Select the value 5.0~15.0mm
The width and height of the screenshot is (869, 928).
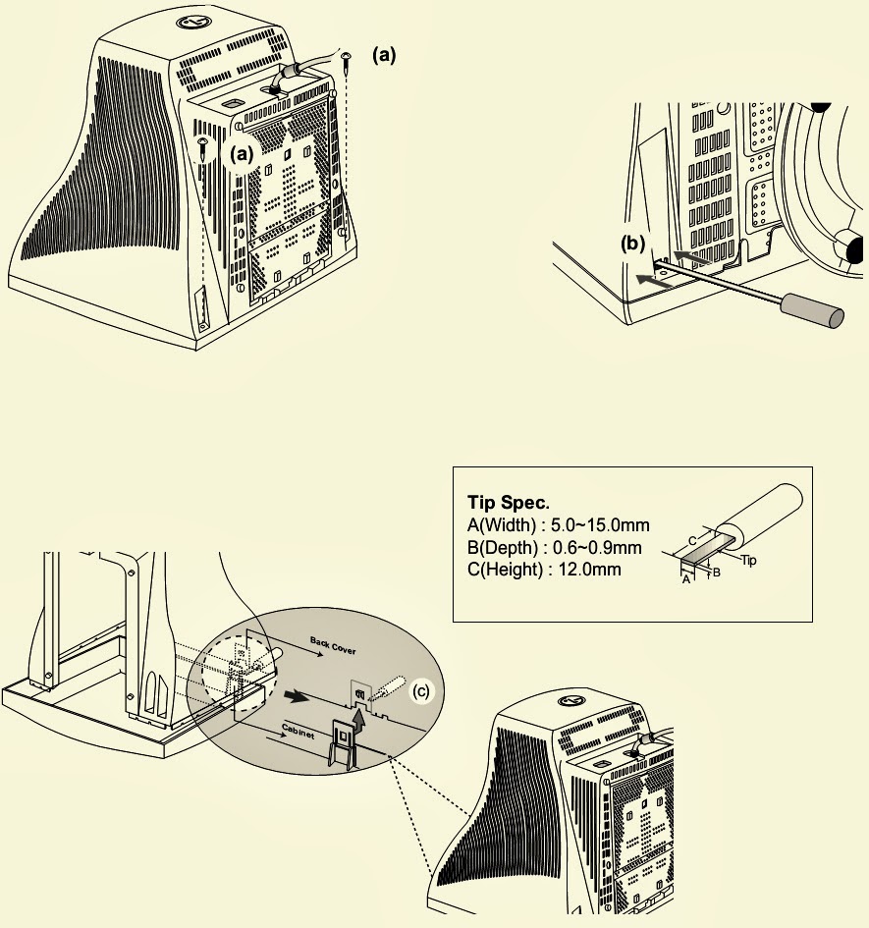click(x=603, y=525)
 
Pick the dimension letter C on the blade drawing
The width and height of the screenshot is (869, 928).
click(x=691, y=540)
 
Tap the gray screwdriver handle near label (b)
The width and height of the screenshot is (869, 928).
click(x=809, y=311)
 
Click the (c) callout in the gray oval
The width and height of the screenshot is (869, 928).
click(x=420, y=691)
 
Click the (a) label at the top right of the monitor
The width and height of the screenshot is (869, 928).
click(x=384, y=56)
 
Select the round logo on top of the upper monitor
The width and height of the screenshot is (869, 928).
click(x=187, y=21)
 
